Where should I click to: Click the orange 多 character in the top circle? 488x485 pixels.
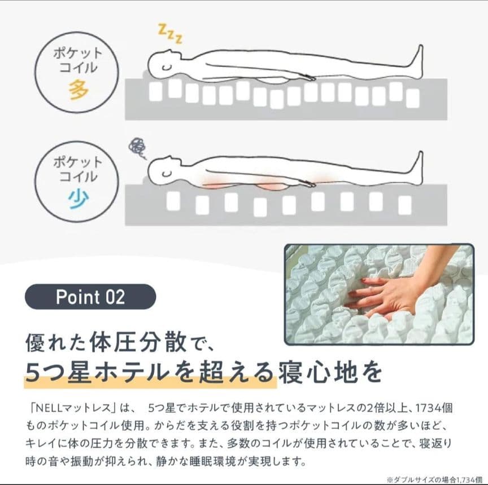(79, 90)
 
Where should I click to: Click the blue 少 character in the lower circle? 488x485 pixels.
(79, 199)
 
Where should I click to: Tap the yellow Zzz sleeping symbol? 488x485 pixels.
(170, 34)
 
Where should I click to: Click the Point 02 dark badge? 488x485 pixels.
(90, 297)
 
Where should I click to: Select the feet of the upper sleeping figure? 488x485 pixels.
(417, 61)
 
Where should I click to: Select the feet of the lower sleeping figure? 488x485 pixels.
(417, 168)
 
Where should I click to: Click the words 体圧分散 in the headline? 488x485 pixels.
(138, 343)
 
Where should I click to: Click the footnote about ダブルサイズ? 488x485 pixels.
(434, 479)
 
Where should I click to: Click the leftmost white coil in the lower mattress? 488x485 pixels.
(173, 201)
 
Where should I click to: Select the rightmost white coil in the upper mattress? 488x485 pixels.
(413, 99)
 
